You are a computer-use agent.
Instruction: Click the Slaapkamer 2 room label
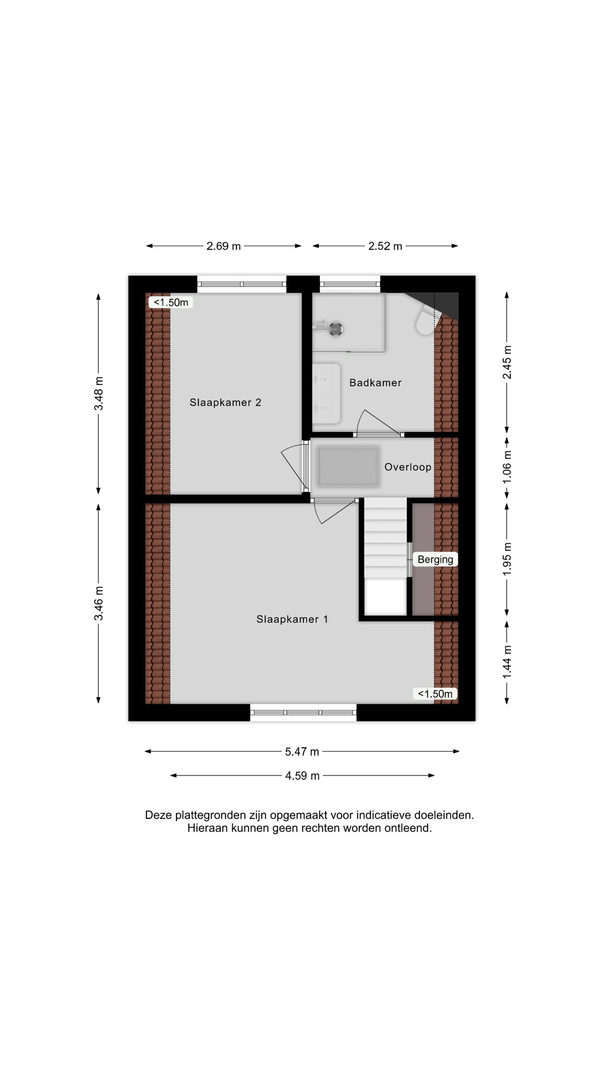[x=225, y=402]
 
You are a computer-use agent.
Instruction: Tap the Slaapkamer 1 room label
[x=292, y=619]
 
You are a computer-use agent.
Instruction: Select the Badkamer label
[x=375, y=382]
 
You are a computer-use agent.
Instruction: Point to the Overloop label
[x=408, y=467]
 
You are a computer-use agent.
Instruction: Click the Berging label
[x=435, y=559]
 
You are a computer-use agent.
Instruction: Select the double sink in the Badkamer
[x=326, y=394]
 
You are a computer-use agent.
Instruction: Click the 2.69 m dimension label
[x=224, y=246]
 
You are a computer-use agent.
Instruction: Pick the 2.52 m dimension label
[x=385, y=246]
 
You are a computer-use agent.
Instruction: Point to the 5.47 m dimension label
[x=302, y=752]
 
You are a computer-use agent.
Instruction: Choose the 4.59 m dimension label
[x=302, y=776]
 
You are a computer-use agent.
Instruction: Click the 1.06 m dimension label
[x=508, y=467]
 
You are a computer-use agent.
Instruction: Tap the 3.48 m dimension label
[x=99, y=394]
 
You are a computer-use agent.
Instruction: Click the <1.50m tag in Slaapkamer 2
[x=171, y=302]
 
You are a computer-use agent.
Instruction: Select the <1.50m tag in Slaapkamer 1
[x=435, y=694]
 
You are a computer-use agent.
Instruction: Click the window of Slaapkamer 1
[x=303, y=712]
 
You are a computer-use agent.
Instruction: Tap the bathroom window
[x=350, y=284]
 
